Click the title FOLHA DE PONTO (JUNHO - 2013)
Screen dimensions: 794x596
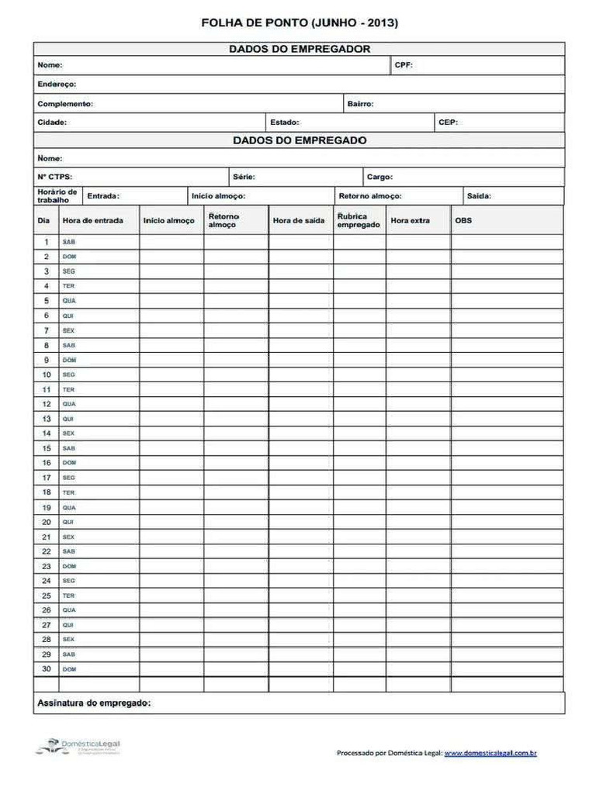tap(299, 23)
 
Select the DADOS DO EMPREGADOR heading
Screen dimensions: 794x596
tap(299, 49)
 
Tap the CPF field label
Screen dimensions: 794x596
tap(403, 65)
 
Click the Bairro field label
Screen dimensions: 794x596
tap(360, 103)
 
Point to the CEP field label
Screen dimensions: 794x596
tap(448, 123)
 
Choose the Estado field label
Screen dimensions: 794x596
tap(284, 123)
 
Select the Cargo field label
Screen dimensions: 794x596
tap(379, 177)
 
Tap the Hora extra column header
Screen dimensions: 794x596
tap(410, 221)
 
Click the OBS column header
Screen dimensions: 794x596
tap(463, 221)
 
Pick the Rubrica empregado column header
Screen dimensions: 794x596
tap(359, 220)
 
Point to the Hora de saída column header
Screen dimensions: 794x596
tap(299, 221)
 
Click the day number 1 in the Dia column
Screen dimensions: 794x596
tap(47, 242)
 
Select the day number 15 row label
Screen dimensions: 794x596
tap(47, 448)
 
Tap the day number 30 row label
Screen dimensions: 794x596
tap(47, 668)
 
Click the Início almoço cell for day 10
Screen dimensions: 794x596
tap(172, 375)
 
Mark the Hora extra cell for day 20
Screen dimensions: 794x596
tap(418, 522)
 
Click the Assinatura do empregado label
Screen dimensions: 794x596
tap(93, 703)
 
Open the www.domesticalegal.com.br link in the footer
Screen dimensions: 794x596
tap(490, 752)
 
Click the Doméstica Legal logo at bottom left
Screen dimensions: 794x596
tap(78, 747)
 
